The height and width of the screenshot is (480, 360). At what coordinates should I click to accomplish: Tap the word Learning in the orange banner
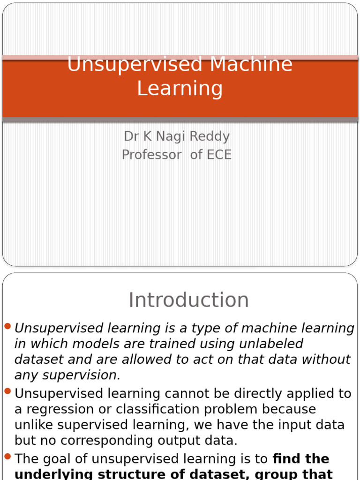click(180, 88)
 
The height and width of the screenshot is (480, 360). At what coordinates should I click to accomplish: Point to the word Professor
click(151, 155)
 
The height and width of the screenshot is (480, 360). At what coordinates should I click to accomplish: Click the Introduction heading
click(188, 300)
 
